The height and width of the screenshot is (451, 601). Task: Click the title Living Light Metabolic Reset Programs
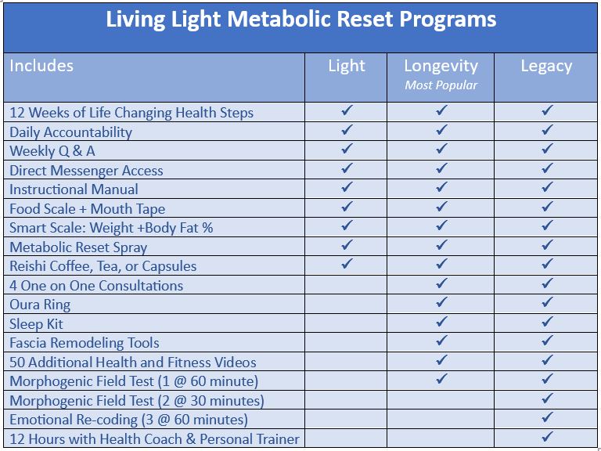coord(300,20)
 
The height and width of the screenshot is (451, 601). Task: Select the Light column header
coord(346,66)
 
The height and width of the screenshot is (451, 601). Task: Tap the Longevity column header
coord(441,66)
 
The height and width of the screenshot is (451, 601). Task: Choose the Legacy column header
coord(546,66)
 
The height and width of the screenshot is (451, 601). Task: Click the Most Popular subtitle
coord(441,85)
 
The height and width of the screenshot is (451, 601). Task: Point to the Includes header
coord(41,66)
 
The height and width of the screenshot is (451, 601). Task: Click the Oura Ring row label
coord(40,305)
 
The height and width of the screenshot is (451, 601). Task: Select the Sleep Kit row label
coord(36,324)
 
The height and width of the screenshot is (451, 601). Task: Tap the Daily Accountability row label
coord(70,132)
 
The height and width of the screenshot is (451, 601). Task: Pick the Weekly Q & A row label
coord(52,151)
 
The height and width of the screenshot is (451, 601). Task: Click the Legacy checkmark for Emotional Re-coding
coord(547,418)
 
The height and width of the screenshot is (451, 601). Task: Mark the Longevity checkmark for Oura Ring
coord(441,303)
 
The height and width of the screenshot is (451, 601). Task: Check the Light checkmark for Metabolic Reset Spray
coord(347,246)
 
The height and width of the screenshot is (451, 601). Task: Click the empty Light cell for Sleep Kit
coord(346,323)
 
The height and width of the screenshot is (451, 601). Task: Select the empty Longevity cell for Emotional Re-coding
coord(441,419)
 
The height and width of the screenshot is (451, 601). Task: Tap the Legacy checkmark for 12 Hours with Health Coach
coord(547,437)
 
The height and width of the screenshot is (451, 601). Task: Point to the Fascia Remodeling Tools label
coord(85,343)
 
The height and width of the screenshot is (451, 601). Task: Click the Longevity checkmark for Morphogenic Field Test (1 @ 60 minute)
coord(441,380)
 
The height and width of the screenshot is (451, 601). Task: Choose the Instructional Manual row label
coord(74,189)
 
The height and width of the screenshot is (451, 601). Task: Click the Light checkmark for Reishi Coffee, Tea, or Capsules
coord(347,265)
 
